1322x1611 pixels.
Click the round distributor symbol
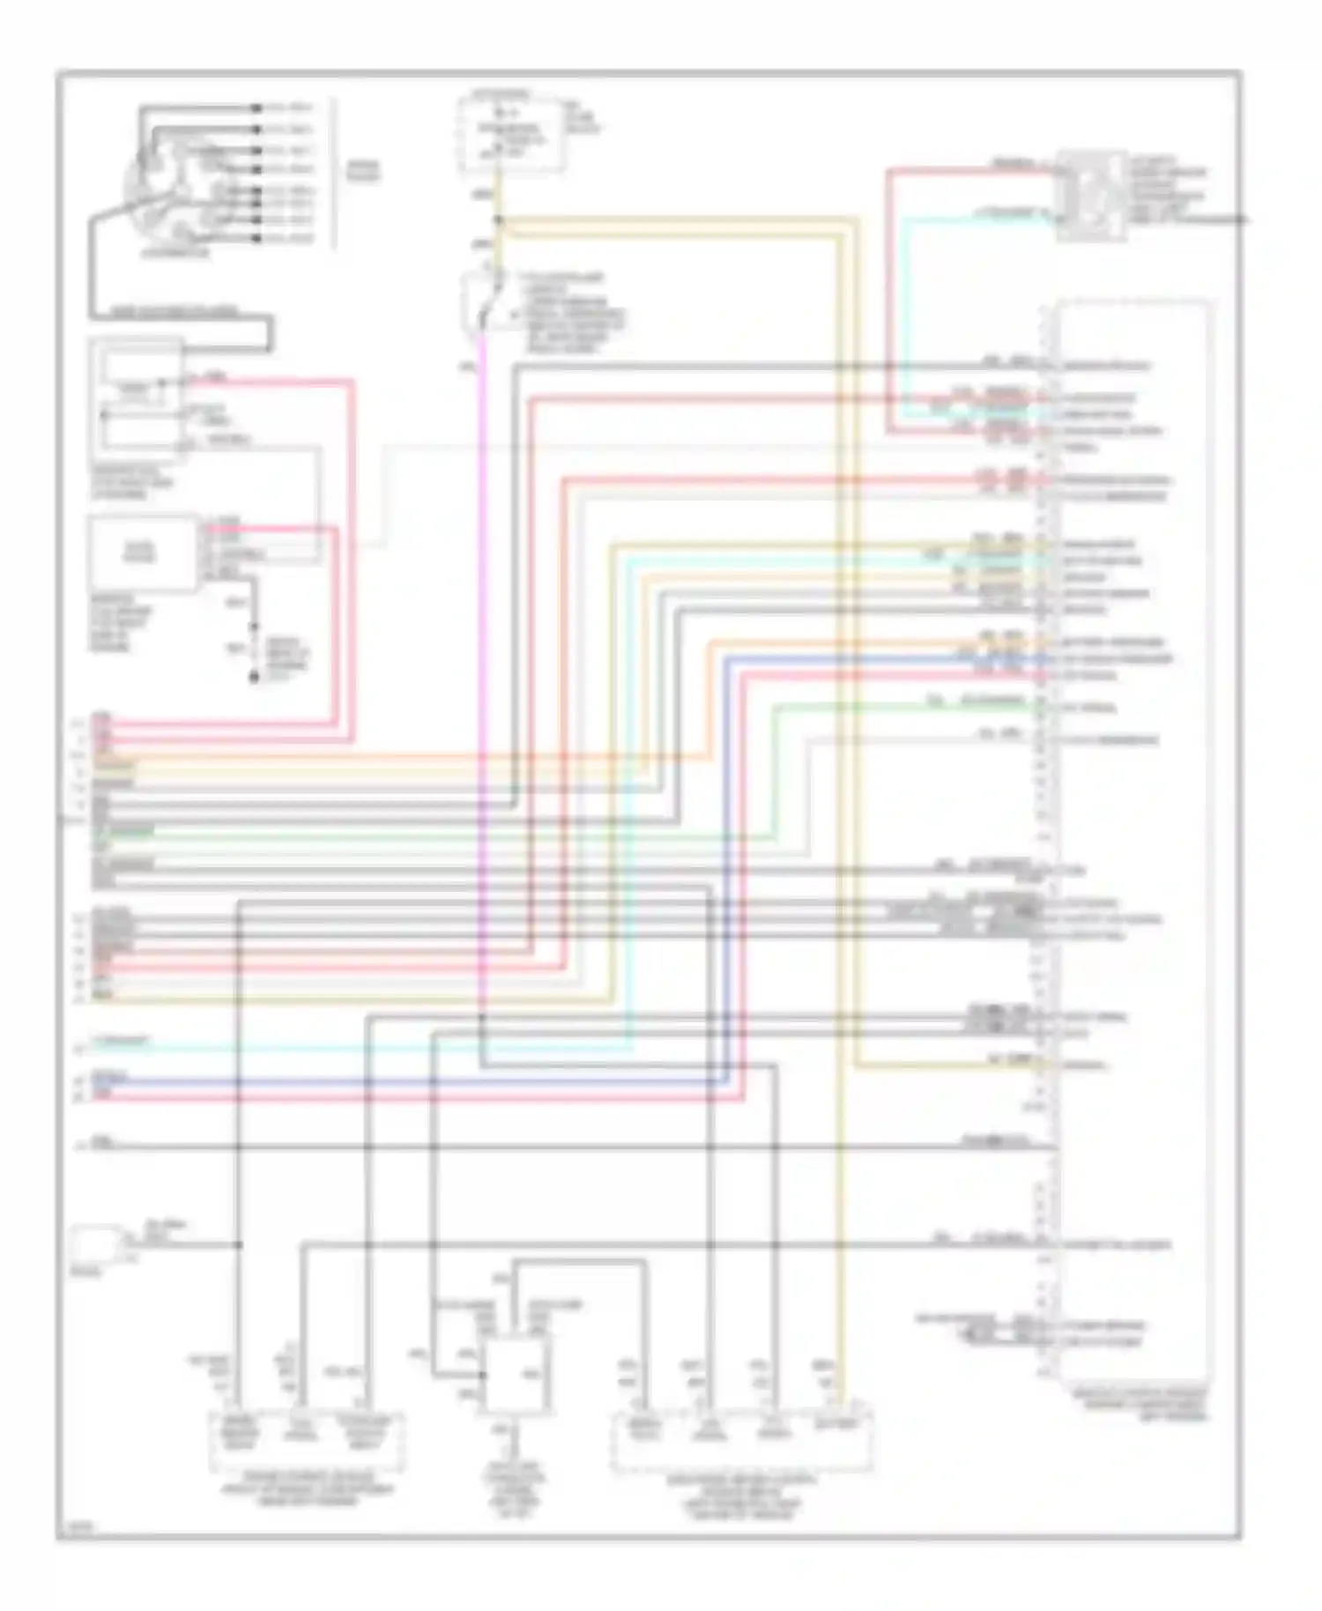click(176, 189)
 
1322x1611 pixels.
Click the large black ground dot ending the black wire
click(254, 678)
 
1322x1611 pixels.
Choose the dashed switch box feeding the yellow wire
click(511, 134)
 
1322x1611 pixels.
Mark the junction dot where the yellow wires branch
click(499, 219)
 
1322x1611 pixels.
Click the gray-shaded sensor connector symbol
click(1091, 195)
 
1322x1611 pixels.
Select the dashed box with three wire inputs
click(307, 1442)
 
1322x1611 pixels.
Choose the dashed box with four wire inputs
click(742, 1442)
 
